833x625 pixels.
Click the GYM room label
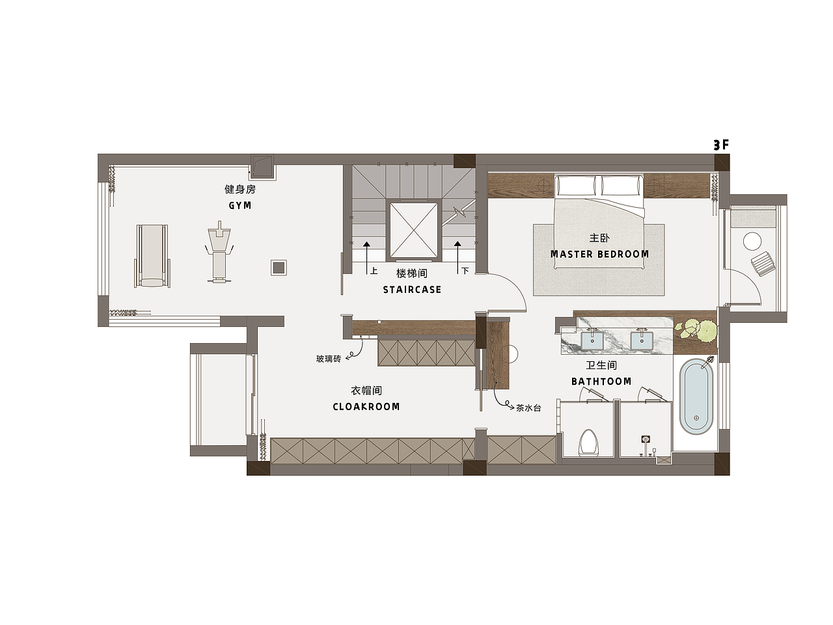pyautogui.click(x=239, y=205)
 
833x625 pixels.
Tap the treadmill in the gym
pyautogui.click(x=152, y=255)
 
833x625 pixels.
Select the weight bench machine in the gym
pyautogui.click(x=219, y=251)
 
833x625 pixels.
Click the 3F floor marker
pyautogui.click(x=721, y=145)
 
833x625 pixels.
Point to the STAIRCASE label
pyautogui.click(x=412, y=290)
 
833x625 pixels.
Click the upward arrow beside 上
pyautogui.click(x=366, y=257)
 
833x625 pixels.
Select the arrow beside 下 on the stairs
pyautogui.click(x=457, y=257)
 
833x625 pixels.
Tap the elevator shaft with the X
pyautogui.click(x=414, y=230)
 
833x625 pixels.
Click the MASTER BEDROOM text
pyautogui.click(x=599, y=254)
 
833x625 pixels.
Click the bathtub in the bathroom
pyautogui.click(x=696, y=396)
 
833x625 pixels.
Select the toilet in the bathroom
pyautogui.click(x=588, y=443)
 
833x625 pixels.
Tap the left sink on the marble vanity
pyautogui.click(x=592, y=340)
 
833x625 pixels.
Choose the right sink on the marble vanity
pyautogui.click(x=642, y=340)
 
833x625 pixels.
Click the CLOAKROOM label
pyautogui.click(x=366, y=407)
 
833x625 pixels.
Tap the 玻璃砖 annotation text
pyautogui.click(x=329, y=359)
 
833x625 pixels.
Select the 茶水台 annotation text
pyautogui.click(x=528, y=408)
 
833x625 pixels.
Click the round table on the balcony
pyautogui.click(x=752, y=242)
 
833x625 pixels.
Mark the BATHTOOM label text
pyautogui.click(x=601, y=382)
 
